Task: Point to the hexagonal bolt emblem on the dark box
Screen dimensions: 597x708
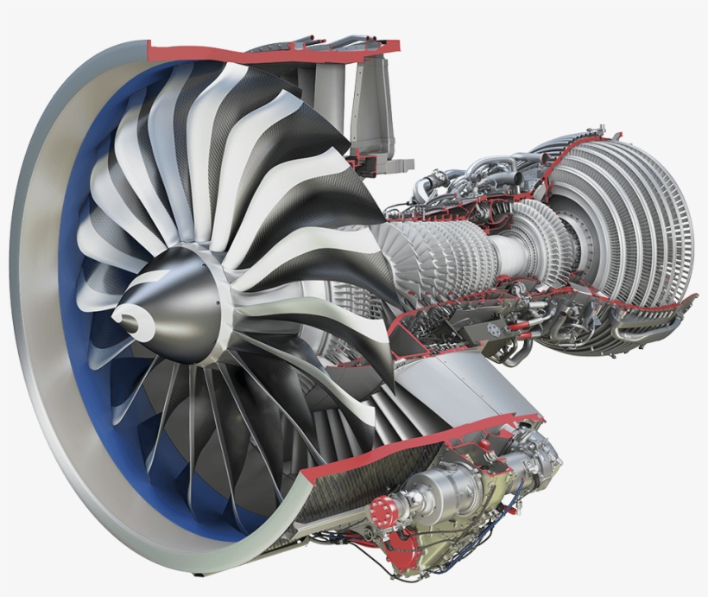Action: click(x=495, y=329)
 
